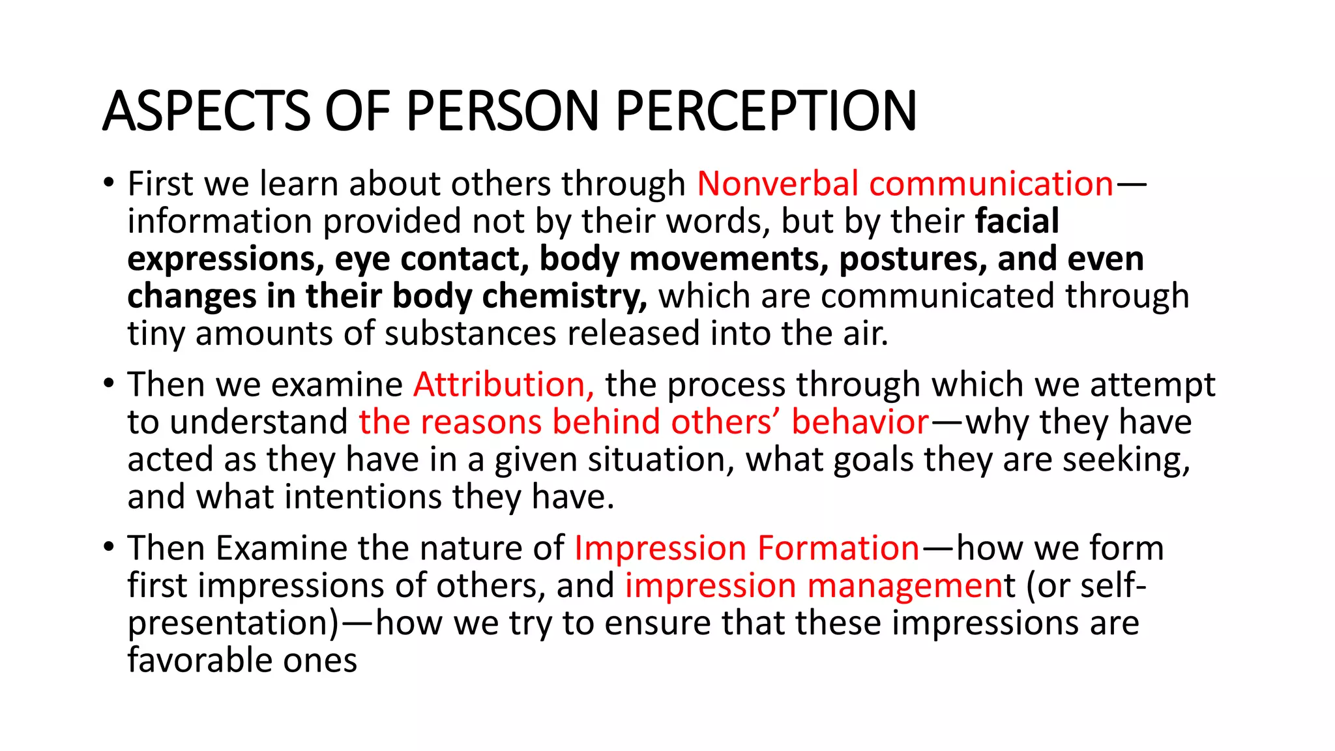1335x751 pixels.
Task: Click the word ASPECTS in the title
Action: coord(206,111)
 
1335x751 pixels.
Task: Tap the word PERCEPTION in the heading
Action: coord(766,111)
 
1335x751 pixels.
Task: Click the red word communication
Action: coord(991,184)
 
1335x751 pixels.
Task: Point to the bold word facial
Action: coord(1017,221)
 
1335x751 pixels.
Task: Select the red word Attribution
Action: coord(503,385)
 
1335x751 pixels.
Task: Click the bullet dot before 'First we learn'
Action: coord(109,183)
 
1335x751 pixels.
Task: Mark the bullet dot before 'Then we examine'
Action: coord(109,383)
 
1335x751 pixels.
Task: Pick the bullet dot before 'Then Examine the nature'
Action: coord(109,546)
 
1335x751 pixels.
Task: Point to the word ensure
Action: coord(657,623)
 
